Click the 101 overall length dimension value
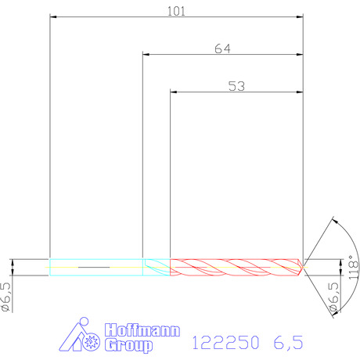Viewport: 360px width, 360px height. [x=176, y=12]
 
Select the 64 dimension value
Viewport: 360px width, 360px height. [x=222, y=49]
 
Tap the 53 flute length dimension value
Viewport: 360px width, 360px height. [x=236, y=86]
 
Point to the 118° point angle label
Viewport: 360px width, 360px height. [x=353, y=267]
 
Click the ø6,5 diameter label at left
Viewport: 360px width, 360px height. [x=6, y=297]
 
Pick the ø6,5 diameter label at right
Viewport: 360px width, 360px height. [x=334, y=297]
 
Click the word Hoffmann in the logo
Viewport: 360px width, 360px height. [x=142, y=330]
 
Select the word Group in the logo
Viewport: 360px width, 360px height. [x=128, y=345]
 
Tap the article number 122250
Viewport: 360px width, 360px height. [x=225, y=342]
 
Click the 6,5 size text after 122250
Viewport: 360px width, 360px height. [x=288, y=343]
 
